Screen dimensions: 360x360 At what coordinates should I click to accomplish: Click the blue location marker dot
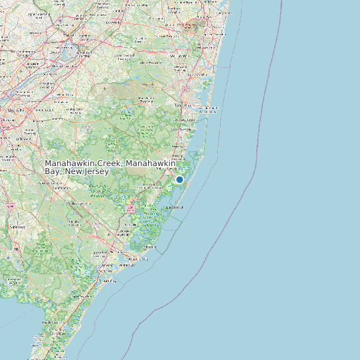point(179,179)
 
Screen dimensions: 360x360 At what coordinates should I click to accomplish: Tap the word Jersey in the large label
point(94,171)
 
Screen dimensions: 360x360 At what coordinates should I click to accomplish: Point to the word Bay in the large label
point(52,171)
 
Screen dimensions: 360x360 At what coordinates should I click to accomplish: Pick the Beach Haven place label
point(175,207)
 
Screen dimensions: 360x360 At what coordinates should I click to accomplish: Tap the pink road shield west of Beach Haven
point(130,209)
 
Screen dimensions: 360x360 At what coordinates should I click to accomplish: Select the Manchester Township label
point(145,100)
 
